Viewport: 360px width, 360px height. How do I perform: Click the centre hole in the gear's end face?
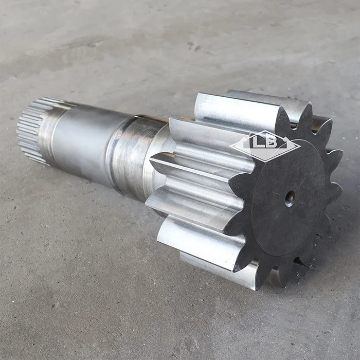(290, 199)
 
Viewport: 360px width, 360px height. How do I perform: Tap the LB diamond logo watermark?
(265, 146)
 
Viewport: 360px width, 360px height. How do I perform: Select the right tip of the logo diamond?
(300, 146)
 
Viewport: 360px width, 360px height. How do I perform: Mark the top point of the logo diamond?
(264, 131)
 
